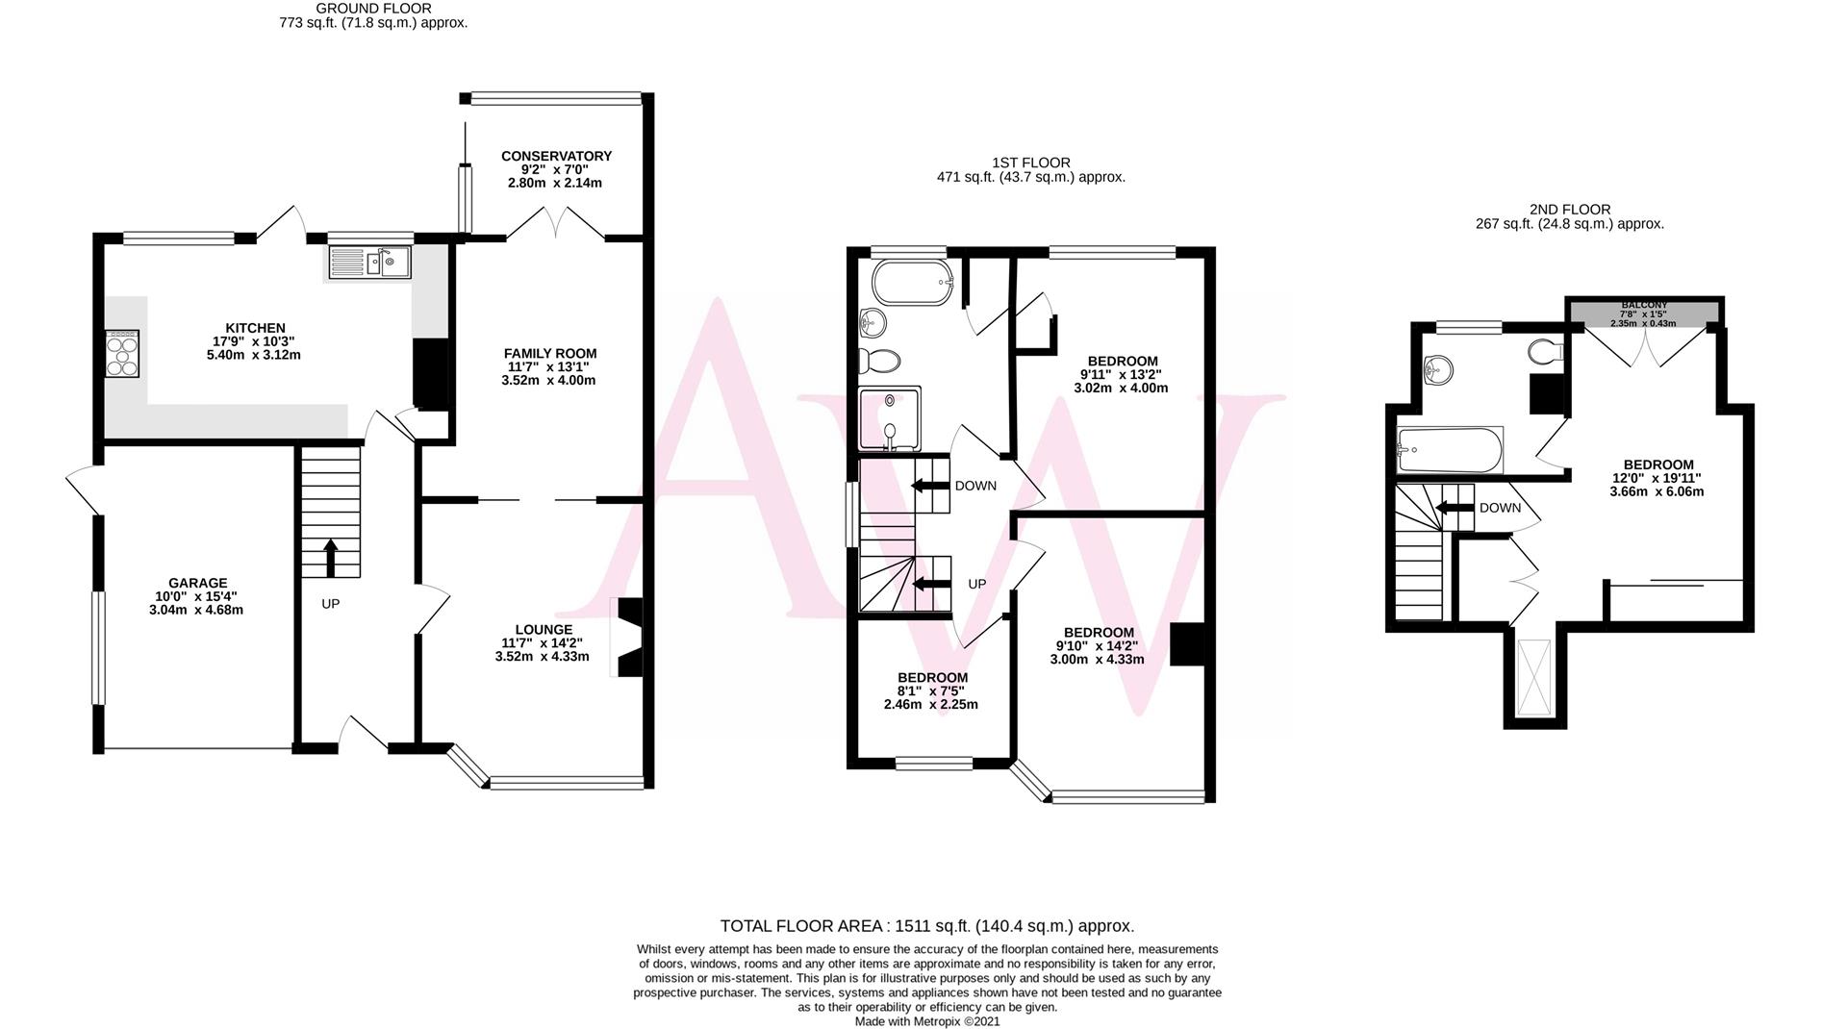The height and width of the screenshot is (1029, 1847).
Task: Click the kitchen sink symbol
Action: pyautogui.click(x=370, y=263)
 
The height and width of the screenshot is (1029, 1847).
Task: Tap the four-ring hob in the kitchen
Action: pyautogui.click(x=122, y=355)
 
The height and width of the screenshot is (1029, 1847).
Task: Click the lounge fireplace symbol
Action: pyautogui.click(x=628, y=638)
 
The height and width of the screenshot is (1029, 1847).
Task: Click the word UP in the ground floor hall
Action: pyautogui.click(x=330, y=604)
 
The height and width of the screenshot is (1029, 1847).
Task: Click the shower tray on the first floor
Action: pyautogui.click(x=890, y=418)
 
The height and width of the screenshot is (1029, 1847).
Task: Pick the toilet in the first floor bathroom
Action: pyautogui.click(x=879, y=362)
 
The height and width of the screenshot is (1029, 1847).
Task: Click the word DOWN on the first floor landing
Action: pyautogui.click(x=975, y=486)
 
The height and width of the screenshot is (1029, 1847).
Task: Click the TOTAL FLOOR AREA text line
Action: pyautogui.click(x=926, y=926)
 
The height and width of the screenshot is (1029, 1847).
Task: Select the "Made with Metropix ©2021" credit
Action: pyautogui.click(x=926, y=1021)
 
